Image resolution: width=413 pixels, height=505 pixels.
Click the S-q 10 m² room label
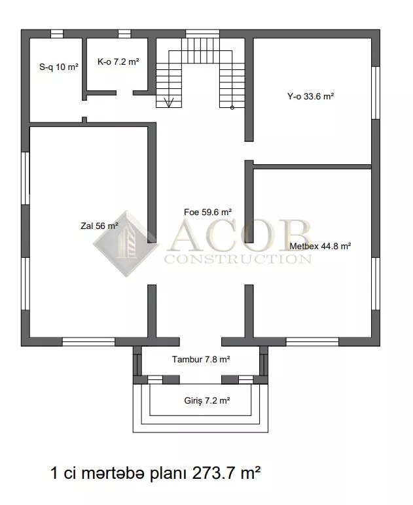pos(59,67)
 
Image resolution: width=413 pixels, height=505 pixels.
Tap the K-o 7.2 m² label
pos(118,61)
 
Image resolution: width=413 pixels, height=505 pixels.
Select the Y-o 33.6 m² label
pos(310,96)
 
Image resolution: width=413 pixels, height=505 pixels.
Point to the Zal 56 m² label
pos(99,226)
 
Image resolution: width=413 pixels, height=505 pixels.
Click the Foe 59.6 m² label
pos(207,212)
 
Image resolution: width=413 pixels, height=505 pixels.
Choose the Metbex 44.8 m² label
pos(320,246)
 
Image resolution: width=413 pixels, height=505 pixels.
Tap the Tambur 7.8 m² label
pos(201,359)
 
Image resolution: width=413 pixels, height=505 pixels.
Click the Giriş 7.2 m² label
pos(207,400)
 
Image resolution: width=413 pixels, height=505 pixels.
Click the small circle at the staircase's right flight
pos(232,108)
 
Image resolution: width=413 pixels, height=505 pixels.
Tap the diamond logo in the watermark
pos(126,244)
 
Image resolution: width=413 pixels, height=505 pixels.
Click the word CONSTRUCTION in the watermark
pos(238,259)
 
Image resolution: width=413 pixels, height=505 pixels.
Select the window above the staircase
pos(202,34)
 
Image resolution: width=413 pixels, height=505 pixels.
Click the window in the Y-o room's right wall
pos(376,93)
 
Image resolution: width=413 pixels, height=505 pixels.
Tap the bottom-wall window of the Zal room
pos(88,341)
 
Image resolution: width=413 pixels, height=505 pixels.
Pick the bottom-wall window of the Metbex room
pos(312,341)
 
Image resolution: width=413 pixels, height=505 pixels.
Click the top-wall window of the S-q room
pos(57,34)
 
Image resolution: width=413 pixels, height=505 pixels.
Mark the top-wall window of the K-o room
pos(124,34)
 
